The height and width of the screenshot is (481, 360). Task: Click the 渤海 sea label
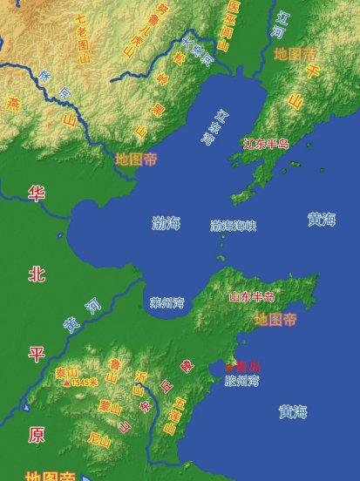[166, 223]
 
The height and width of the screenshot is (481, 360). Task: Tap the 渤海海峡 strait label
[233, 226]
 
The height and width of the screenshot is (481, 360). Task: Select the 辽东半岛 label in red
[266, 144]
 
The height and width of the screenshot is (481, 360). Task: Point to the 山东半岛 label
[251, 297]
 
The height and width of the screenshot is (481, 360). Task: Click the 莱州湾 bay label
[166, 303]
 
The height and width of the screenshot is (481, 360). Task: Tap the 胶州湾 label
[241, 381]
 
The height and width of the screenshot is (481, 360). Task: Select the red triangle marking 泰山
[66, 383]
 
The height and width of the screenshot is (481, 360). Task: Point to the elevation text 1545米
[85, 383]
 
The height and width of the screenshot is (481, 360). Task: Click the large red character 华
[36, 193]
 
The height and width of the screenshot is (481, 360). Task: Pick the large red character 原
[36, 434]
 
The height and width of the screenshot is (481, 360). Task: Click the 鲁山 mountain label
[113, 370]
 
